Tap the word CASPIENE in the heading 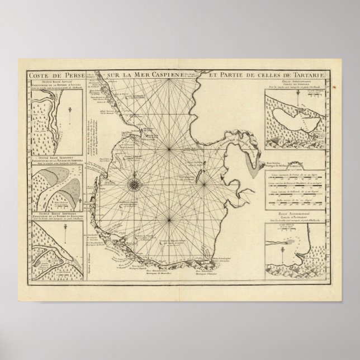coord(143,74)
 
